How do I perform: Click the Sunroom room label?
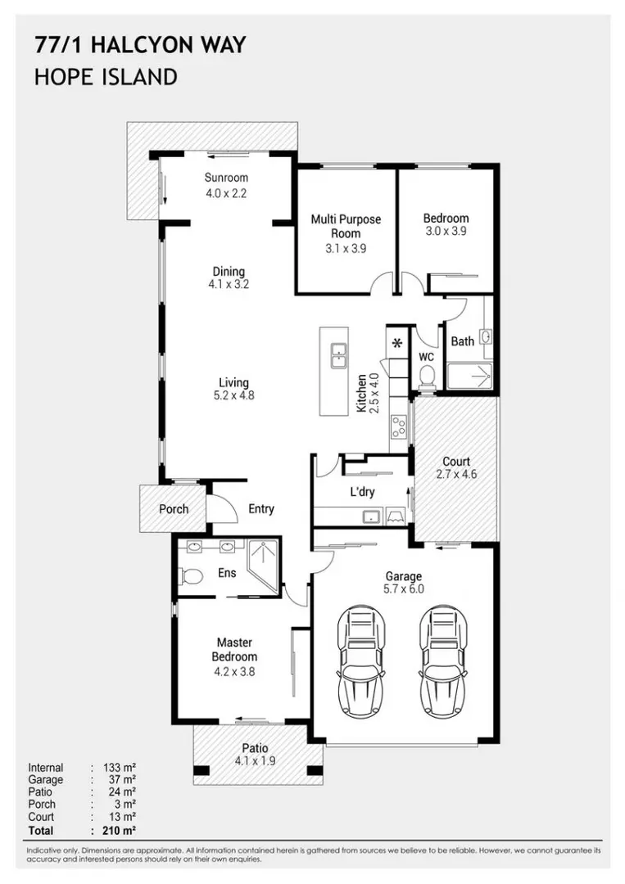pyautogui.click(x=226, y=178)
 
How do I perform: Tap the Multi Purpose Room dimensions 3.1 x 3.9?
pyautogui.click(x=346, y=249)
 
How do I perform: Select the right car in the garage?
pyautogui.click(x=443, y=661)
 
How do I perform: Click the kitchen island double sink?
pyautogui.click(x=338, y=356)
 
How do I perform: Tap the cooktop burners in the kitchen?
pyautogui.click(x=399, y=426)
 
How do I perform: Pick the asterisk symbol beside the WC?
pyautogui.click(x=397, y=342)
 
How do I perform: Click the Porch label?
pyautogui.click(x=174, y=509)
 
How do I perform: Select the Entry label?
pyautogui.click(x=261, y=509)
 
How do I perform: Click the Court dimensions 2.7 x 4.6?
pyautogui.click(x=456, y=474)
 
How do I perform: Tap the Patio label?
pyautogui.click(x=255, y=748)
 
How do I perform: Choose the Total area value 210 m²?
pyautogui.click(x=120, y=831)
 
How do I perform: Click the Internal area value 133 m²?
pyautogui.click(x=120, y=768)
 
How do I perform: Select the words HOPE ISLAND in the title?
pyautogui.click(x=106, y=77)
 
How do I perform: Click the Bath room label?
pyautogui.click(x=463, y=341)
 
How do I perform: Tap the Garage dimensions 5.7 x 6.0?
pyautogui.click(x=404, y=589)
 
